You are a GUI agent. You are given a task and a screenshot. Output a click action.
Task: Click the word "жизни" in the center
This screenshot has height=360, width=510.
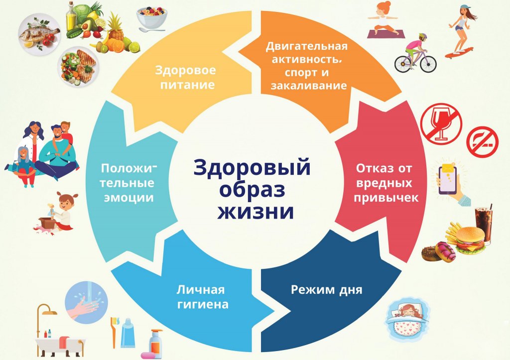tap(255, 212)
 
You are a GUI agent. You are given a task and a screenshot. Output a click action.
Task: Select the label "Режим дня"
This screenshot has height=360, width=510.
tap(326, 290)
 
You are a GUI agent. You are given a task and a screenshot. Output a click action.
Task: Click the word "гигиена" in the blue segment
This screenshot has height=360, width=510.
tap(202, 304)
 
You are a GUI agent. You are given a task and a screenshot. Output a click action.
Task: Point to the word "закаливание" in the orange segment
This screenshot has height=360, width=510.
tap(309, 86)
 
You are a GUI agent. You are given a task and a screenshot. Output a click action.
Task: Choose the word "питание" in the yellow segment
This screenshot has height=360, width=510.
tap(188, 85)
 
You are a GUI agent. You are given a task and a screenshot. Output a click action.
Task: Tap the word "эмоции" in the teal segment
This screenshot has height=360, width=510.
tap(128, 198)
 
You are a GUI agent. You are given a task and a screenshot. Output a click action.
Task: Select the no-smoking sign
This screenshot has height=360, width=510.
tap(482, 141)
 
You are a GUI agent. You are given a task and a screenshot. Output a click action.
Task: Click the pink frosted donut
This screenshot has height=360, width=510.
tap(446, 252)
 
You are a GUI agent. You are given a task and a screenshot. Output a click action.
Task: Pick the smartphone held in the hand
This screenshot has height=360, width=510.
tap(448, 180)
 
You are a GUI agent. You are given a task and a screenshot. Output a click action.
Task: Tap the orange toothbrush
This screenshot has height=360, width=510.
tap(114, 332)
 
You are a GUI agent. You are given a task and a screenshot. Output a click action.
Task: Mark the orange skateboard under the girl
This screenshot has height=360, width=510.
tap(459, 53)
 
